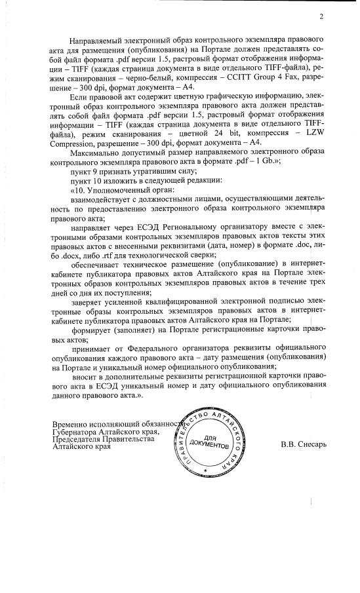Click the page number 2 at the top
click(322, 17)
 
